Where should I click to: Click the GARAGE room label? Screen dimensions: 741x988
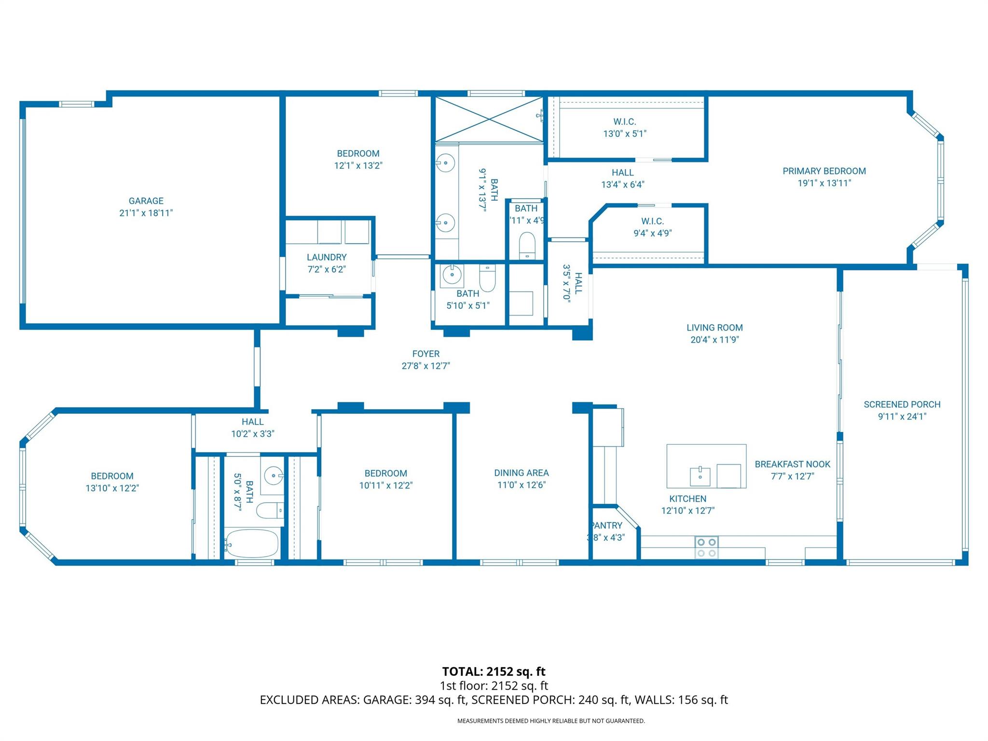coord(146,201)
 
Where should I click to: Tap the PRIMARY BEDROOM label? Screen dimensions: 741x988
coord(824,171)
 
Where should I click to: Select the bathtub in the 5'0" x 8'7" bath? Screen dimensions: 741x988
coord(251,543)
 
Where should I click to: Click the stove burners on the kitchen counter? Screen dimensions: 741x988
coord(706,548)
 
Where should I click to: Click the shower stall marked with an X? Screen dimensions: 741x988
coord(489,119)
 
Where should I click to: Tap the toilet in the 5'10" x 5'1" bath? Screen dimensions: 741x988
coord(487,279)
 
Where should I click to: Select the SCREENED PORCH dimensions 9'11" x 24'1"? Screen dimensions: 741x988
coord(902,416)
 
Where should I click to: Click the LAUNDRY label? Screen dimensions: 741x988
coord(327,257)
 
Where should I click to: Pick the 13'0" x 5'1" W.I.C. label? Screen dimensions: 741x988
coord(625,122)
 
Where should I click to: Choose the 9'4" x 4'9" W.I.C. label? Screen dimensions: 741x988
coord(652,221)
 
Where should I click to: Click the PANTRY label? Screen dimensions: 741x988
coord(607,525)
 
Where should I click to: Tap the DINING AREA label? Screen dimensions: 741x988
coord(521,473)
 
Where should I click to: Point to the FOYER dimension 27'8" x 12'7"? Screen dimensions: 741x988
coord(425,366)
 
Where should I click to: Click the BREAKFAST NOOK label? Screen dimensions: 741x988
coord(792,464)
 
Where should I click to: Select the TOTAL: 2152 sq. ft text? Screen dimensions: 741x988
coord(494,672)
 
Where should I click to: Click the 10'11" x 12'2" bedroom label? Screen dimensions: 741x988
coord(385,473)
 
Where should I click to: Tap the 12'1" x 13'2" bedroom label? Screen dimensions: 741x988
coord(358,153)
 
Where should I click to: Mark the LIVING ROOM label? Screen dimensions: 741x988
coord(714,328)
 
